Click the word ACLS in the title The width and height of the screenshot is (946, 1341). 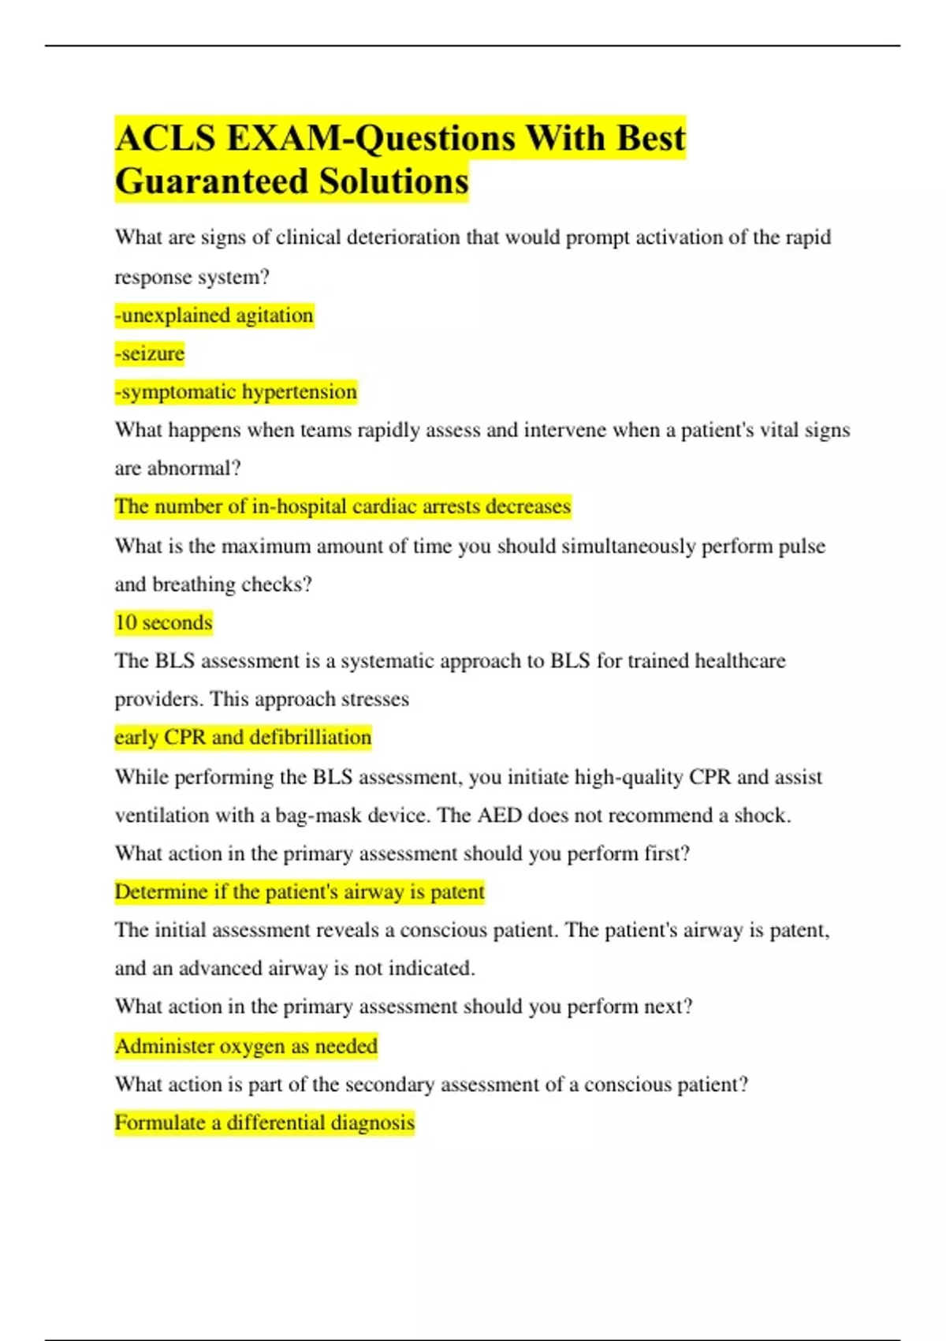165,138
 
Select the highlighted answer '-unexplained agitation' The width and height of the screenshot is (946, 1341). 214,316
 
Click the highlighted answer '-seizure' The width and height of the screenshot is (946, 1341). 150,353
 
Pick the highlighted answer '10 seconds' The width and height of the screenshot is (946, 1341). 163,623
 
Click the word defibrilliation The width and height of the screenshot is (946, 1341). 310,738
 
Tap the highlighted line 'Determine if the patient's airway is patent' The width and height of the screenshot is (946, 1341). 300,892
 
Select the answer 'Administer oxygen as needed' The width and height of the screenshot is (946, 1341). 246,1047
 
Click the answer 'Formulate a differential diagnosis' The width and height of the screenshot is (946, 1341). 264,1123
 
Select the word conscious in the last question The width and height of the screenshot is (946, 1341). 634,1085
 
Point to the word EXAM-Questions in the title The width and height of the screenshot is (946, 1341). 371,138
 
